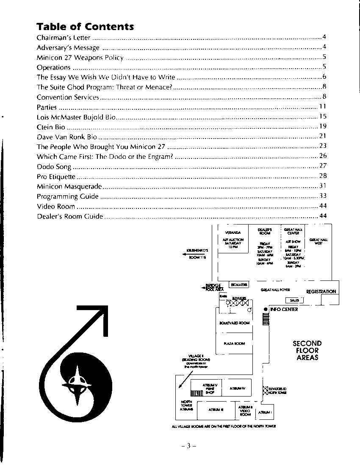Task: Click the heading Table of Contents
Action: click(85, 27)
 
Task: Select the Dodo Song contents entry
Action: click(54, 167)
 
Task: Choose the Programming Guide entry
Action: click(68, 197)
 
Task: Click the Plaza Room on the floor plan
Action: click(234, 344)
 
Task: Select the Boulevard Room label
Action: click(234, 323)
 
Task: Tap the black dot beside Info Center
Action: click(266, 309)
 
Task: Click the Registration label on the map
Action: click(321, 291)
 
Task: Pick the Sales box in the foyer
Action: click(294, 300)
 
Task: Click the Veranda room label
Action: click(233, 233)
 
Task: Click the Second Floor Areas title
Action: click(307, 350)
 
